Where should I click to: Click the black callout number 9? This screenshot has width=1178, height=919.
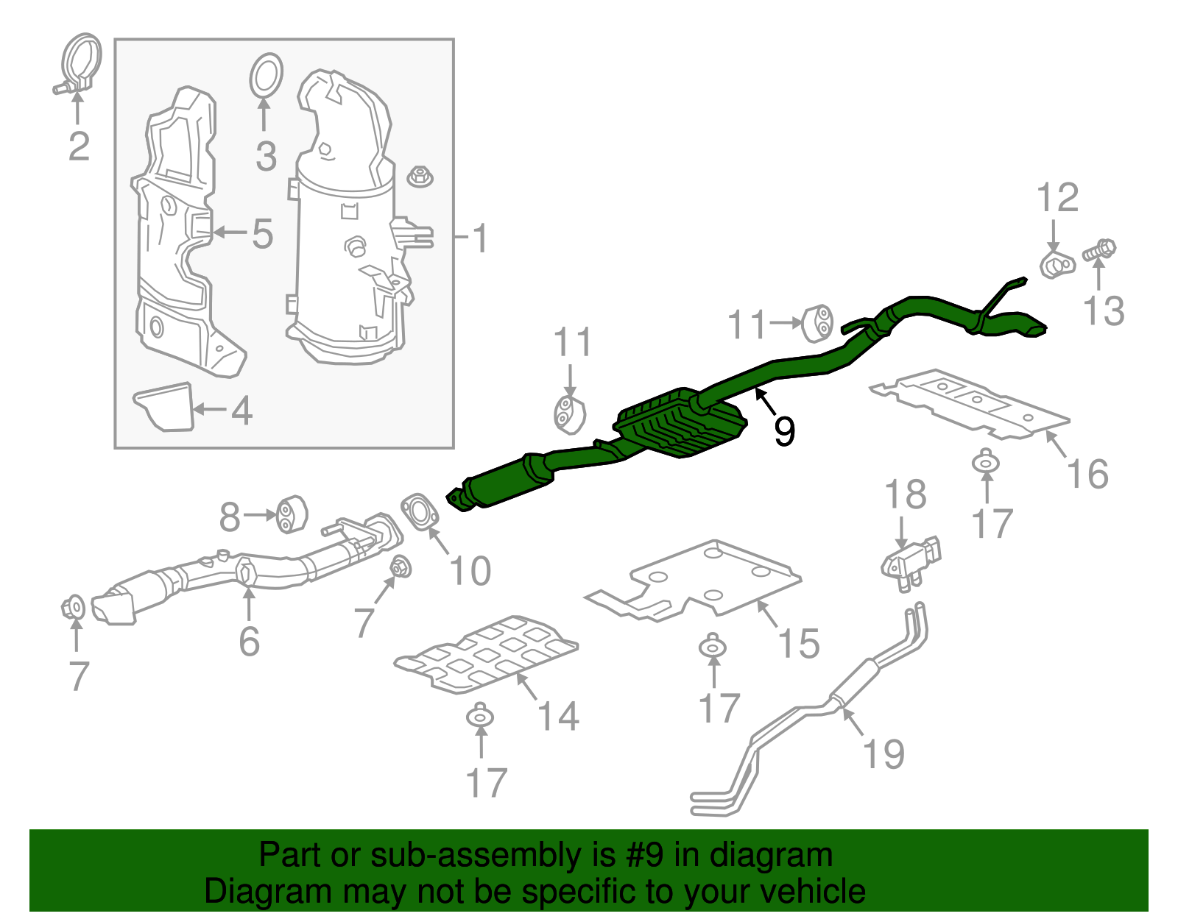[x=784, y=430]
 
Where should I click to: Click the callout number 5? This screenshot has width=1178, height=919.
[x=262, y=234]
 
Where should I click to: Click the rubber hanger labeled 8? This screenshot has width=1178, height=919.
[x=292, y=514]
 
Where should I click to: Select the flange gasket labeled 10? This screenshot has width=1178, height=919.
[x=420, y=511]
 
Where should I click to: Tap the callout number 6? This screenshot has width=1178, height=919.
[x=249, y=642]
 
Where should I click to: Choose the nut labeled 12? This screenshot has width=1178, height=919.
[x=1057, y=265]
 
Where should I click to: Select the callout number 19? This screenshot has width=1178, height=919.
[x=883, y=754]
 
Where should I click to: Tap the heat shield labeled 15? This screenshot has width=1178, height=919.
[x=699, y=581]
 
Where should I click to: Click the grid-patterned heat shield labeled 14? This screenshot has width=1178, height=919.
[x=486, y=655]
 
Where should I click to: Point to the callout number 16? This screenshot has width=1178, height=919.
[x=1087, y=474]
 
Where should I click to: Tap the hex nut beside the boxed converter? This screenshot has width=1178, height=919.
[x=420, y=177]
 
